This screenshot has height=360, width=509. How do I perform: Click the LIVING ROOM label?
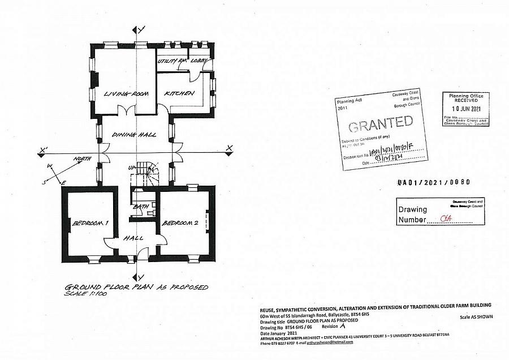[126, 93]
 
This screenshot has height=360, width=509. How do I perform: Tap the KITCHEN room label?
[180, 93]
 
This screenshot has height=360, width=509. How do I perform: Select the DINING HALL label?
[135, 135]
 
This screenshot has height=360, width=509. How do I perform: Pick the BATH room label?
[140, 207]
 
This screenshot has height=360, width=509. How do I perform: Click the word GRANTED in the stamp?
[380, 123]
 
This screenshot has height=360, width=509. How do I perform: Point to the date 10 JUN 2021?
[465, 109]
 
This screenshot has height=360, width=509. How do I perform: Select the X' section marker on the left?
[43, 151]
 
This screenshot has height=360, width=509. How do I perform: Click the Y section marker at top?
[141, 28]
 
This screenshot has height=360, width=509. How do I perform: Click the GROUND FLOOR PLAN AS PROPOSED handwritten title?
[136, 287]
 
